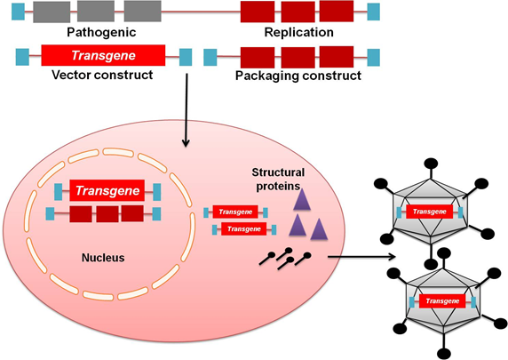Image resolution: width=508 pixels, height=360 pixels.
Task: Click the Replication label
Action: point(298,33)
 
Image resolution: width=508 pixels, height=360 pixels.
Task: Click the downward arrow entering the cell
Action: point(186,116)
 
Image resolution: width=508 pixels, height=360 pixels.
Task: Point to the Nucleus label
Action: point(100,258)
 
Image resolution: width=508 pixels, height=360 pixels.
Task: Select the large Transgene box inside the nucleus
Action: point(107,191)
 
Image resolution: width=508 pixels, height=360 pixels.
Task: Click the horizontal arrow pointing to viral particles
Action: point(360,259)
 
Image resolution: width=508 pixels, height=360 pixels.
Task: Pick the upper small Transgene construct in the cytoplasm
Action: point(236,212)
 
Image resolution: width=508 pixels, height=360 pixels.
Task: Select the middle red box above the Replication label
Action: point(298,12)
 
